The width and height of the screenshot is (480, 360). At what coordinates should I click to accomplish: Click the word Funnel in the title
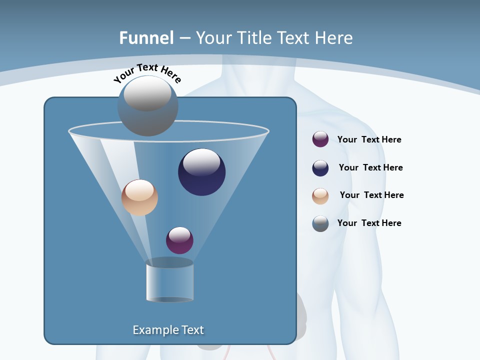coord(146,38)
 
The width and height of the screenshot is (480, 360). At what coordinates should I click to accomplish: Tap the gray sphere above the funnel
coord(147,106)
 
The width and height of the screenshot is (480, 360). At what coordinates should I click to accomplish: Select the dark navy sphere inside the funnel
coord(202,172)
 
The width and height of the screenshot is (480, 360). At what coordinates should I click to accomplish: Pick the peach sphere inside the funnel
coord(139,197)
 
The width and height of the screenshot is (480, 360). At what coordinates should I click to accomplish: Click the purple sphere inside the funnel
coord(179,240)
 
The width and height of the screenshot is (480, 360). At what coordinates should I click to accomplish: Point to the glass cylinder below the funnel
coord(169,280)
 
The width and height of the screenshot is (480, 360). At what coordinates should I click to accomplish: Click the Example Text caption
coord(168,330)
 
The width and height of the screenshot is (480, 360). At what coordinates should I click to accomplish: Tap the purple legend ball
coord(320,139)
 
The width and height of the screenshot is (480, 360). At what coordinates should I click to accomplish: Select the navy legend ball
coord(320,168)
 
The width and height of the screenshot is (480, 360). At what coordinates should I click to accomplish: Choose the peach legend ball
coord(320,195)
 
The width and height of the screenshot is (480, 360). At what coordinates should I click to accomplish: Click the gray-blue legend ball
coord(320,223)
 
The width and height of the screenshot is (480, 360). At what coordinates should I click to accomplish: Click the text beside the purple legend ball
coord(369,139)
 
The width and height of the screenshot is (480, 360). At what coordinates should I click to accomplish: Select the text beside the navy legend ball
coord(370,167)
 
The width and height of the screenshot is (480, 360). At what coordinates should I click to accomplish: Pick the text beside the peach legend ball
coord(371,195)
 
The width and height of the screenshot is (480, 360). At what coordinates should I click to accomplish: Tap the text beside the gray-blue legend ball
coord(369,223)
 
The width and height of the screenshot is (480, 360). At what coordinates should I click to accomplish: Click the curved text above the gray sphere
coord(147,73)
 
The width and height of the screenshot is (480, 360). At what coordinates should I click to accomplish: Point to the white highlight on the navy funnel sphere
coord(201,162)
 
